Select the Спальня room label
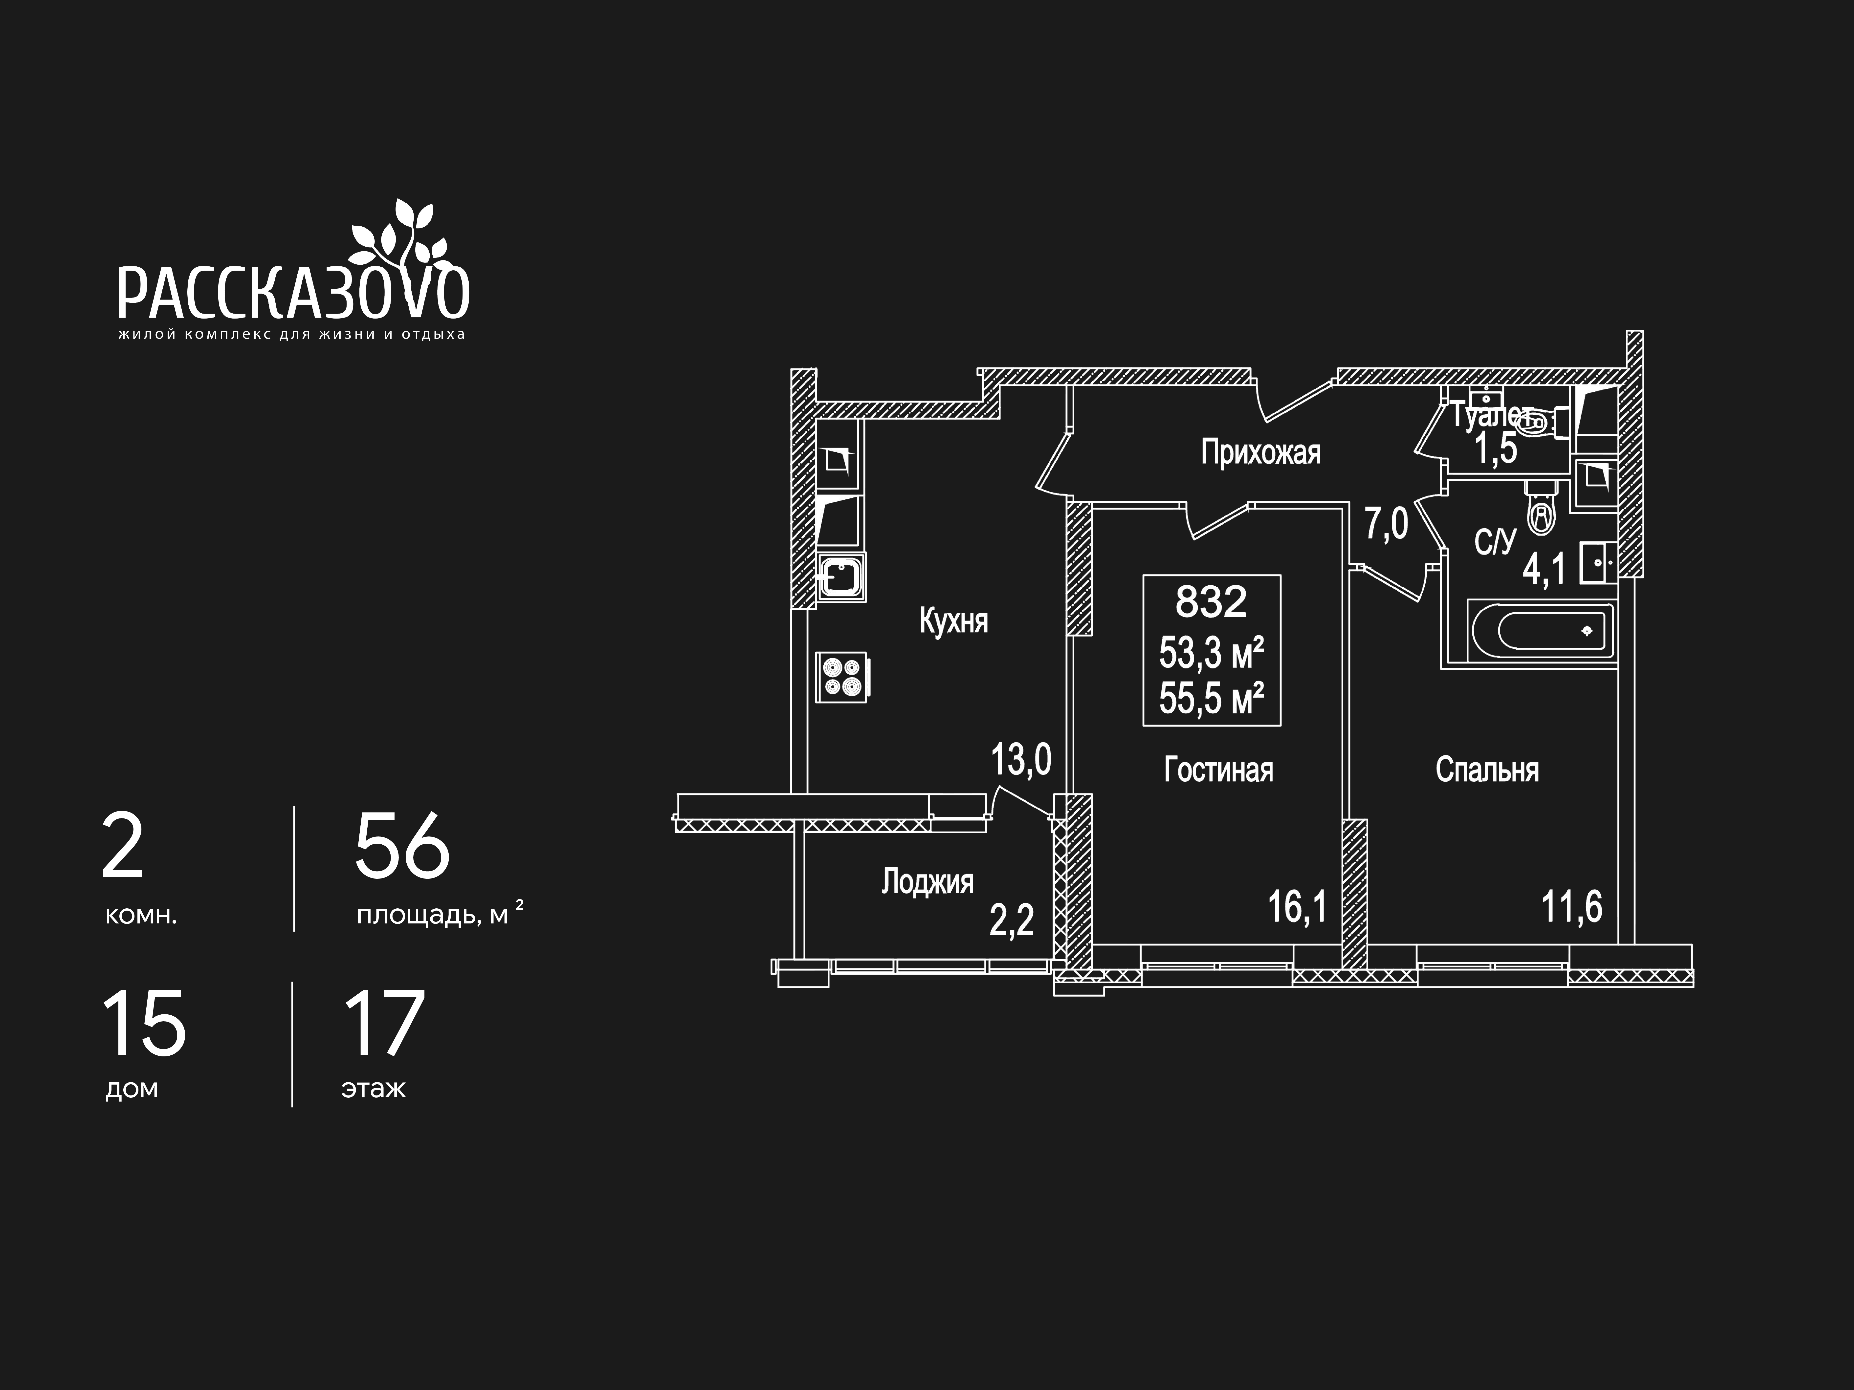(1487, 770)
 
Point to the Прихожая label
(1260, 453)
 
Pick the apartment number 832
(1211, 601)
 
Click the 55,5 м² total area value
(1211, 699)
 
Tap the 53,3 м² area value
(1211, 653)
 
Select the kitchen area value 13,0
(1021, 760)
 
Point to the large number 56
(402, 847)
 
